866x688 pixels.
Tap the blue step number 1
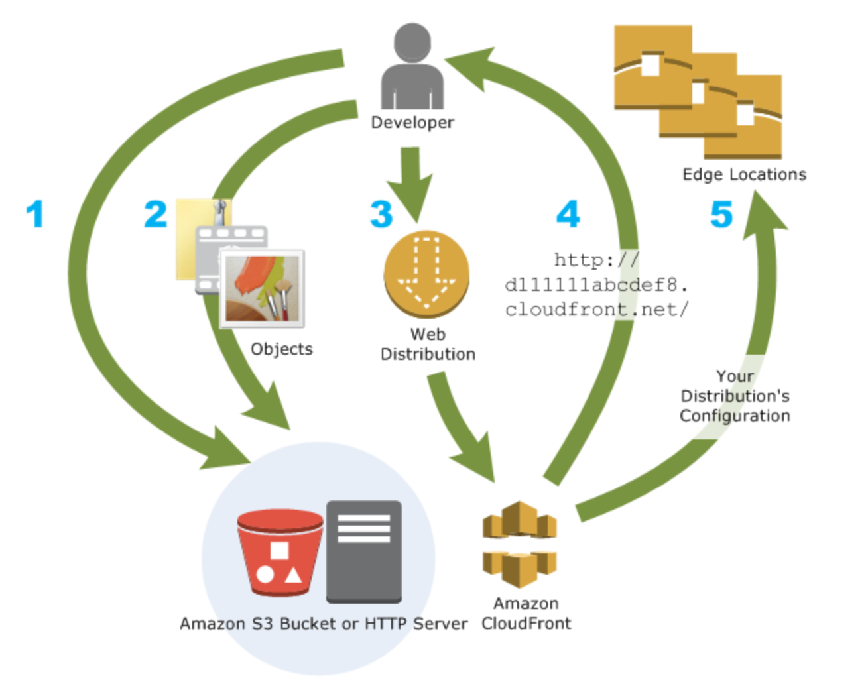[35, 214]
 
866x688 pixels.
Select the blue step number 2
[156, 214]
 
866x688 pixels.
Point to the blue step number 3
[381, 214]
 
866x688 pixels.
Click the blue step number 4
[568, 214]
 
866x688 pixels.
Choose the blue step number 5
[721, 214]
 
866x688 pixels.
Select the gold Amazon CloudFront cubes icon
[519, 544]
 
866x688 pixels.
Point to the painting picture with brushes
[263, 289]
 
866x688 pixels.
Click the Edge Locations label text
[744, 174]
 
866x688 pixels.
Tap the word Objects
[281, 349]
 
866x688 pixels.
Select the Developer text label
[412, 123]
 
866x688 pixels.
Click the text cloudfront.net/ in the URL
[597, 310]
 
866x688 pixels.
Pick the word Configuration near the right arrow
[735, 416]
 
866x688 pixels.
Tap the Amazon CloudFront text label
[526, 613]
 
